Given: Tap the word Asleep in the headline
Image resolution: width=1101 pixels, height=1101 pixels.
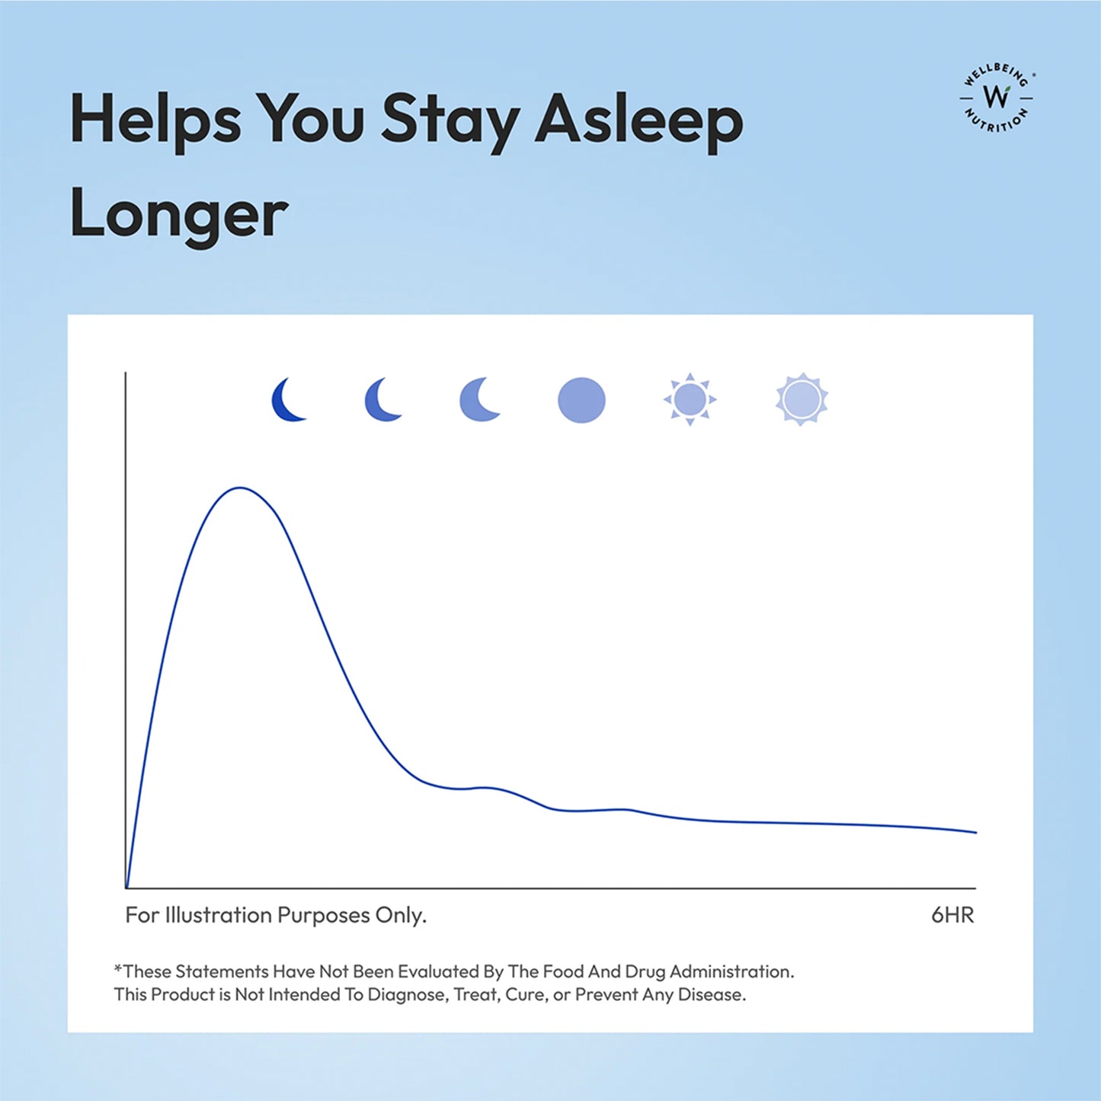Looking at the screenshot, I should (x=639, y=120).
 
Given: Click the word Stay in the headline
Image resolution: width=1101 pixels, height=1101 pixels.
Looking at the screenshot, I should (x=450, y=120).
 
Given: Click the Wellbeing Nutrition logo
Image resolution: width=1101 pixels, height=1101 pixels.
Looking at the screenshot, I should (x=996, y=98).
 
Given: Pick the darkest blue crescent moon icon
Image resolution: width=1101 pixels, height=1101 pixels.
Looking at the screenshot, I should (x=288, y=400).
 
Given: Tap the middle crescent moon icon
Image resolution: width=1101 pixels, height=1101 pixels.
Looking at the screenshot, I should (x=382, y=400).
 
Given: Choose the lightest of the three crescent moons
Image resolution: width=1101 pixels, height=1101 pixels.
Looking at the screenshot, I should (x=478, y=400).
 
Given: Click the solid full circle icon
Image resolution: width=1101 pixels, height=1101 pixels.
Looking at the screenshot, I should (x=581, y=400).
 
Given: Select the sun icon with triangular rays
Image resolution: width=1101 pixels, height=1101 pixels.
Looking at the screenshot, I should (x=690, y=399).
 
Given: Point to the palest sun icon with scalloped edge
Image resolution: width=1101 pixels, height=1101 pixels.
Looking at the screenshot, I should (x=802, y=399).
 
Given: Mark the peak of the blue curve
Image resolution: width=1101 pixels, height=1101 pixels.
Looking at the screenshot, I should (x=240, y=488).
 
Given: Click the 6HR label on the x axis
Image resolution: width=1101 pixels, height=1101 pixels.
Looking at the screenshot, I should (x=952, y=914).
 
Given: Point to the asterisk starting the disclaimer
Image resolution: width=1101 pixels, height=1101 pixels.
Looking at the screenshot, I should (x=118, y=969).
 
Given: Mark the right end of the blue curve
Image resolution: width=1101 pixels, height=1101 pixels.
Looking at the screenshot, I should (x=975, y=832).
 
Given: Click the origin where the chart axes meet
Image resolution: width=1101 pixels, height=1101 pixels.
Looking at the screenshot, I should (x=126, y=888).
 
